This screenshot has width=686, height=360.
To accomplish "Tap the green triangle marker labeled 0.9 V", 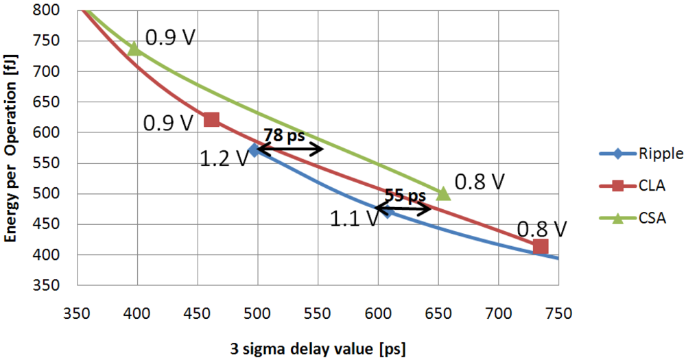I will pyautogui.click(x=135, y=49).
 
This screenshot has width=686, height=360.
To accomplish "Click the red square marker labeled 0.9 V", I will pyautogui.click(x=212, y=120).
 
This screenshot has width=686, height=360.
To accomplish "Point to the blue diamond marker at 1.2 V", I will pyautogui.click(x=255, y=149).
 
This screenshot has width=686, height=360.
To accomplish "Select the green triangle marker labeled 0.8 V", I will pyautogui.click(x=444, y=194).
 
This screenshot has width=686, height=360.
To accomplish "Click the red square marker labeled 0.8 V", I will pyautogui.click(x=541, y=246).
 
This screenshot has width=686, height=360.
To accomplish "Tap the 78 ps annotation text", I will pyautogui.click(x=284, y=136).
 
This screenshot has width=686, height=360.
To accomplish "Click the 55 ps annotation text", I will pyautogui.click(x=405, y=197).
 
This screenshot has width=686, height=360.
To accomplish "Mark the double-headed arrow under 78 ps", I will pyautogui.click(x=289, y=148).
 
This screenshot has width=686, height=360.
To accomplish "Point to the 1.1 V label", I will pyautogui.click(x=354, y=219).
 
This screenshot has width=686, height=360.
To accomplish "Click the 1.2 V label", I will pyautogui.click(x=224, y=159).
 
